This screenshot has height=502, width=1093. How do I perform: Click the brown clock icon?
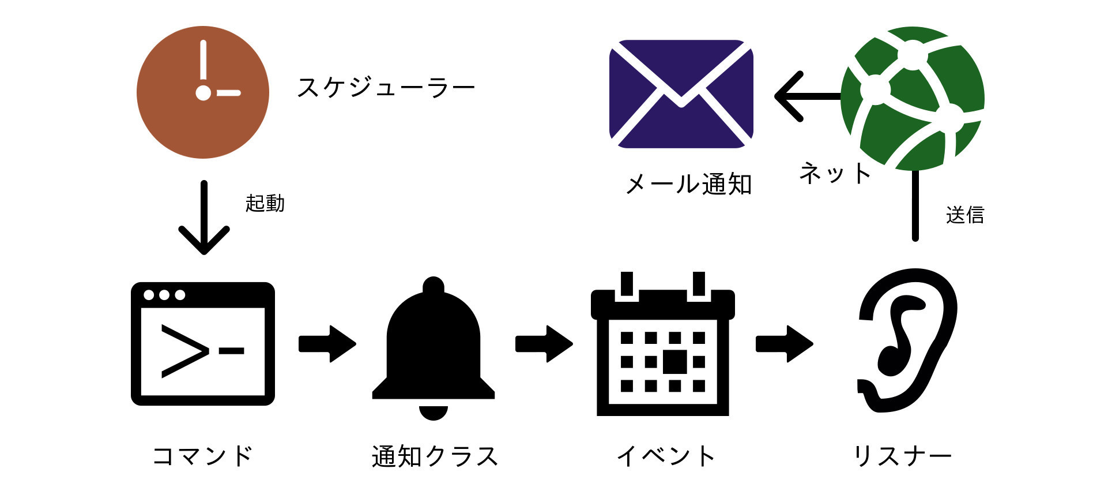click(202, 92)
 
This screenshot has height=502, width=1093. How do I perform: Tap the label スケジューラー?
click(385, 88)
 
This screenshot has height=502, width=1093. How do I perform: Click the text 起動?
click(265, 203)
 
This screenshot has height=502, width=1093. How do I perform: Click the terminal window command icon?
click(202, 344)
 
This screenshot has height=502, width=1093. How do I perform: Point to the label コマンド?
click(202, 456)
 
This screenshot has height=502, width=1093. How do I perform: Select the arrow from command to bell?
click(327, 344)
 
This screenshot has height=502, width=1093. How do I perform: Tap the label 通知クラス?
click(435, 456)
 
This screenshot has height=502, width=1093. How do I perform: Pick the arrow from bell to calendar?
click(544, 344)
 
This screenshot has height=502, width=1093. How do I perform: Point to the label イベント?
click(666, 456)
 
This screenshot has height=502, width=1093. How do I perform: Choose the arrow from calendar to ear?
click(784, 344)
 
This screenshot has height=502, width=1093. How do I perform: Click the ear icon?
click(906, 340)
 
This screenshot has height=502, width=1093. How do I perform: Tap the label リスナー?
click(902, 456)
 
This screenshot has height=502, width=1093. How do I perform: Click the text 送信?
click(964, 215)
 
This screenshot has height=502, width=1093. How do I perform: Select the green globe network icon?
click(913, 98)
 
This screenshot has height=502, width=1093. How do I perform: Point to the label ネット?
click(835, 173)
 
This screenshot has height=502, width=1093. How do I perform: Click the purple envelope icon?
click(681, 94)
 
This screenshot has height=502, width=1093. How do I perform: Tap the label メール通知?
click(688, 185)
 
